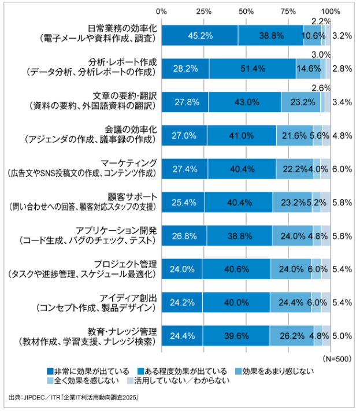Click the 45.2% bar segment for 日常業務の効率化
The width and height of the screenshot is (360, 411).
point(199,36)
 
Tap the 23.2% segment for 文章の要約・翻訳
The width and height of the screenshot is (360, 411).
point(300,102)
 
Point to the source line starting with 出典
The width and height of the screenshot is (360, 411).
point(75,398)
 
